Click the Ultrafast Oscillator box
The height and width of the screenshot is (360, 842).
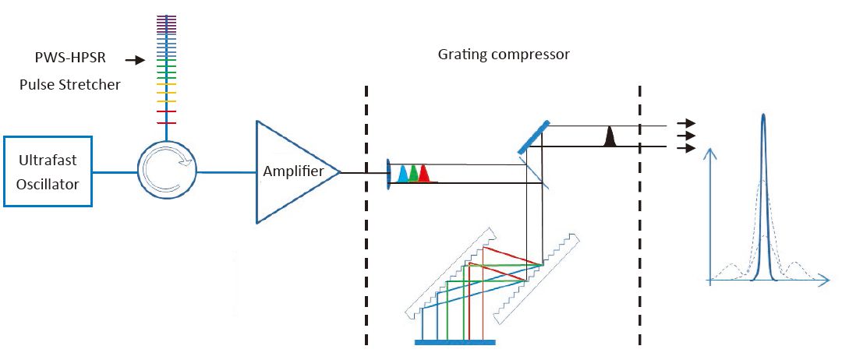[48, 171]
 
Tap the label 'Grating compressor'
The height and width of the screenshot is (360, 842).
[503, 55]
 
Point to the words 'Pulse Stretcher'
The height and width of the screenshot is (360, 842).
[69, 84]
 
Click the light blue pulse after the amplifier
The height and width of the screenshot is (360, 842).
[402, 175]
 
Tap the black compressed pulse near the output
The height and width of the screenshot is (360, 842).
[610, 138]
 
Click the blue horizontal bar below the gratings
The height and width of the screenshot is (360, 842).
[455, 341]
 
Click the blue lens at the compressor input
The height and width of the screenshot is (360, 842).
[388, 174]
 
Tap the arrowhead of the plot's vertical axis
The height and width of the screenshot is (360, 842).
[709, 153]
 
